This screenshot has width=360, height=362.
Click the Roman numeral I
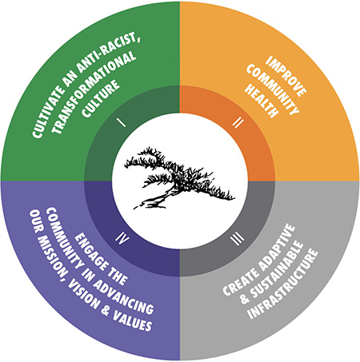(x=122, y=123)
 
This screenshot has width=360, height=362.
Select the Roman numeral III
(x=237, y=239)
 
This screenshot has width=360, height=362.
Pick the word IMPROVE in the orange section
(x=286, y=76)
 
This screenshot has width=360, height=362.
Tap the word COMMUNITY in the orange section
(x=273, y=90)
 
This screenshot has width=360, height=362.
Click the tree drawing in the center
(x=179, y=177)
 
